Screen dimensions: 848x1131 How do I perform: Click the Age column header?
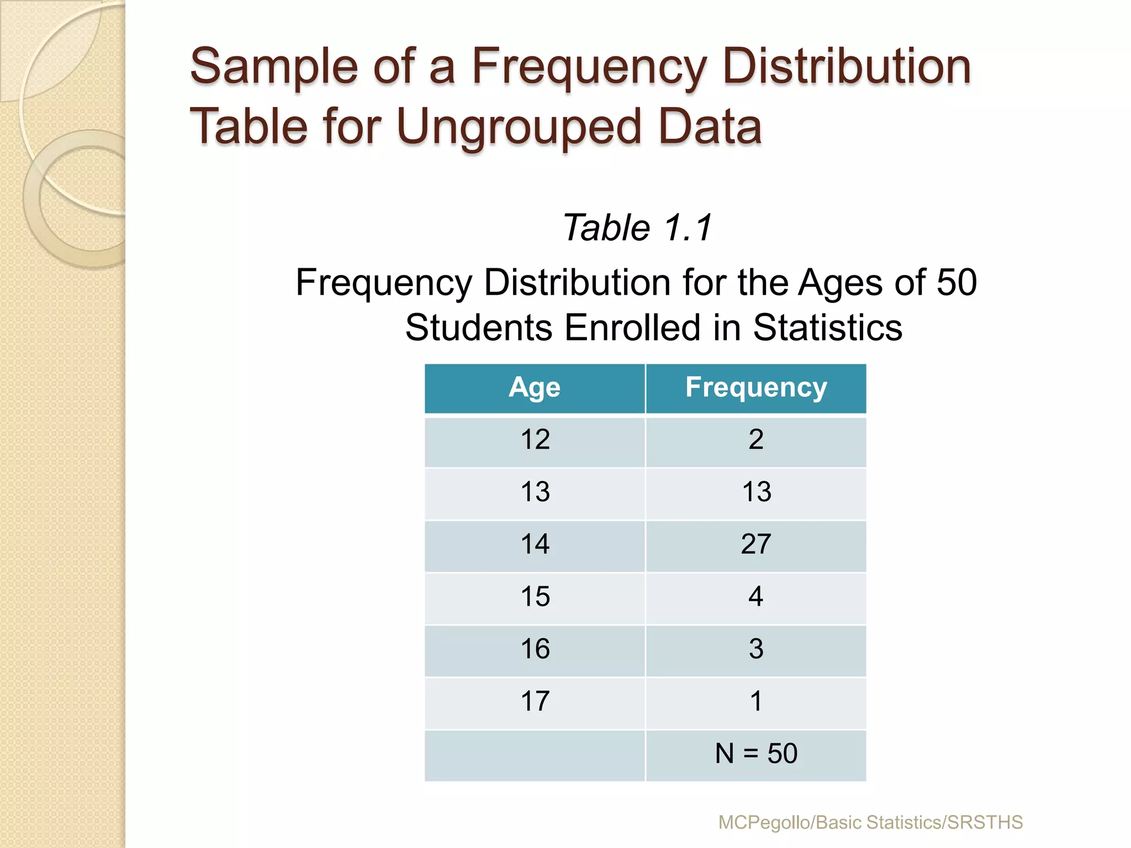(535, 388)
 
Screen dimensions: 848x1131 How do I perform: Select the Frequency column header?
(756, 388)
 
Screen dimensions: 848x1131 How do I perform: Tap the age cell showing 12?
(535, 440)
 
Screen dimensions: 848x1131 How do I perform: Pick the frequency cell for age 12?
(756, 440)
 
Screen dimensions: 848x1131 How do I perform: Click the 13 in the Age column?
(535, 492)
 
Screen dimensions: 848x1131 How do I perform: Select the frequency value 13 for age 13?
(756, 492)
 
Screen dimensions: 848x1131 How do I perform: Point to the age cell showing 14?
(535, 544)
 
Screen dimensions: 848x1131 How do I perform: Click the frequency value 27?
(756, 544)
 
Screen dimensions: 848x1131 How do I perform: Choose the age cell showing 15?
(535, 597)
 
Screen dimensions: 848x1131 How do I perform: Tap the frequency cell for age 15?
(756, 597)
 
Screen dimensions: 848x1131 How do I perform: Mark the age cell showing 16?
(535, 649)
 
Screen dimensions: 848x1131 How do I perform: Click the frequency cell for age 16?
(756, 649)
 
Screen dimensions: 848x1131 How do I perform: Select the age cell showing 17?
(535, 702)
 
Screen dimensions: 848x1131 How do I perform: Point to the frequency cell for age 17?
(756, 702)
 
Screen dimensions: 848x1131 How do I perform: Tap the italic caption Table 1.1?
(637, 228)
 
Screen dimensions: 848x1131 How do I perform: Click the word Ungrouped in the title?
(518, 127)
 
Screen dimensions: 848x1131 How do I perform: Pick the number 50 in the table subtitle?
(956, 283)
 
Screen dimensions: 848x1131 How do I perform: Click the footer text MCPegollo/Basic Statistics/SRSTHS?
(870, 823)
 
